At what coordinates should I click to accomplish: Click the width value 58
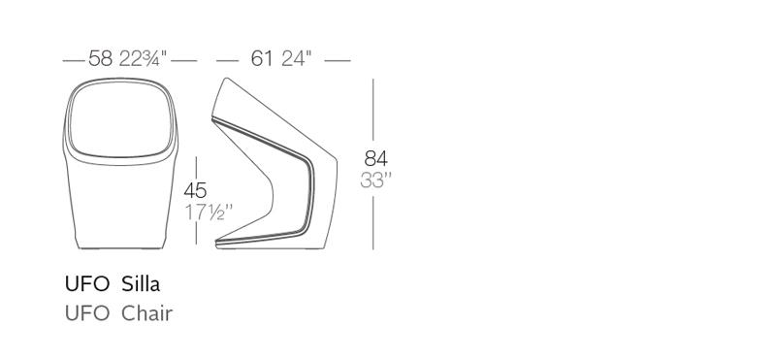(101, 58)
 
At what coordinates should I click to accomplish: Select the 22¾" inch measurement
(144, 58)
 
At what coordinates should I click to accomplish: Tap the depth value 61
(262, 58)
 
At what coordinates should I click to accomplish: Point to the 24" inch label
(297, 58)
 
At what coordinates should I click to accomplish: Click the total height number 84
(376, 158)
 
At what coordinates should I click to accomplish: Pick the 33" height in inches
(376, 180)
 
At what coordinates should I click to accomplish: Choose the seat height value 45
(196, 190)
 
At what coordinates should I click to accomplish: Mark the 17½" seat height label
(209, 213)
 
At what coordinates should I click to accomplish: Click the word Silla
(141, 284)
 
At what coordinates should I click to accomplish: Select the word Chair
(147, 313)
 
